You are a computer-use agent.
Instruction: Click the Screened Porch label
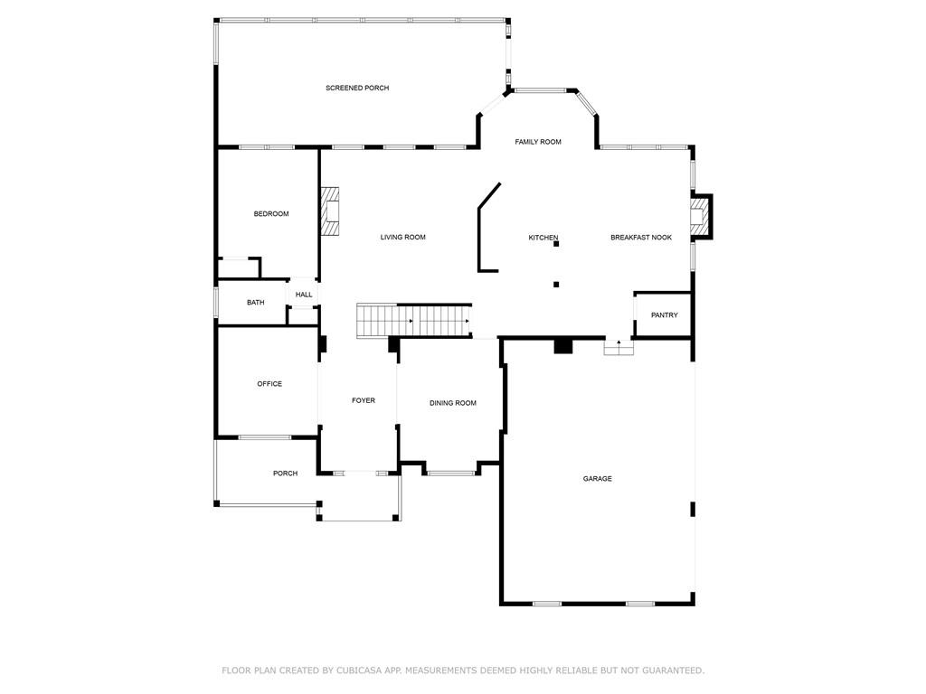pyautogui.click(x=357, y=88)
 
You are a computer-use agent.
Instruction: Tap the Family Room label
pyautogui.click(x=538, y=142)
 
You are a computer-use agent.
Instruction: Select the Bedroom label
pyautogui.click(x=271, y=213)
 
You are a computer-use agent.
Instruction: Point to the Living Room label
pyautogui.click(x=402, y=238)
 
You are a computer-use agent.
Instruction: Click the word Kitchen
pyautogui.click(x=543, y=238)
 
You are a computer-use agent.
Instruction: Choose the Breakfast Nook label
pyautogui.click(x=641, y=238)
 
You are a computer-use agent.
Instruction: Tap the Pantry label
pyautogui.click(x=665, y=315)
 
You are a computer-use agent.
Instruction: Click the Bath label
pyautogui.click(x=256, y=302)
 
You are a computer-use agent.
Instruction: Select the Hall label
pyautogui.click(x=304, y=295)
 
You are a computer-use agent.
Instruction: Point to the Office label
pyautogui.click(x=269, y=383)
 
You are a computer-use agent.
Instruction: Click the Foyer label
pyautogui.click(x=364, y=400)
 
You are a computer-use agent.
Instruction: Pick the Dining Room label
pyautogui.click(x=453, y=403)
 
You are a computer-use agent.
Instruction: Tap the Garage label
pyautogui.click(x=598, y=479)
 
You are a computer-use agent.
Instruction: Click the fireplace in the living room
pyautogui.click(x=330, y=211)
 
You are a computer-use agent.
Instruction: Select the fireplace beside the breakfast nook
pyautogui.click(x=699, y=217)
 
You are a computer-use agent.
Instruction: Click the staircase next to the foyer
pyautogui.click(x=413, y=321)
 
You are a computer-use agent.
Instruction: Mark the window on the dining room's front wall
pyautogui.click(x=451, y=473)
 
